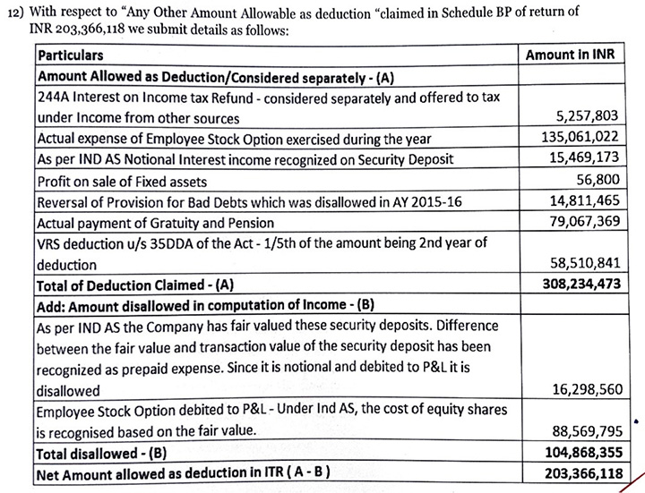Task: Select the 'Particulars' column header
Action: tap(73, 55)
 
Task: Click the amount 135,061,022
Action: tap(579, 139)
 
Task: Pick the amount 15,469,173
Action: tap(582, 159)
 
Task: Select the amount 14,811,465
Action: tap(583, 201)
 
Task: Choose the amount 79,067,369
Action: tap(583, 222)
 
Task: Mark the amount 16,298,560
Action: tap(583, 391)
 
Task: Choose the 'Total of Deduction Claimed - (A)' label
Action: tap(135, 286)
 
